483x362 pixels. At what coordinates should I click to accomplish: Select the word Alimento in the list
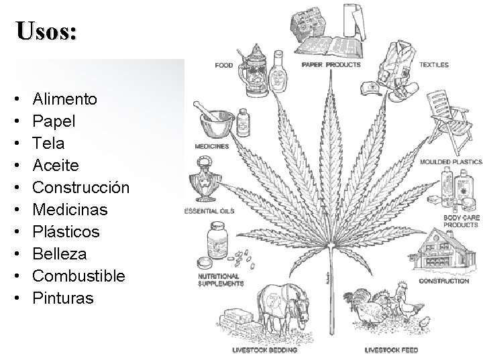(x=64, y=99)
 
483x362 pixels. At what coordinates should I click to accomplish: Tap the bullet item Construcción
(x=80, y=188)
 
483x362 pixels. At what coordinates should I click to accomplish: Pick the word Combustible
(x=78, y=276)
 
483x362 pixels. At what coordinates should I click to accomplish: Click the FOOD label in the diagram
(x=224, y=66)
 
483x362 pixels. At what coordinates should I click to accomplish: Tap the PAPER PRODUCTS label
(x=331, y=66)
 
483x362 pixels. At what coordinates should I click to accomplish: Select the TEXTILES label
(x=434, y=66)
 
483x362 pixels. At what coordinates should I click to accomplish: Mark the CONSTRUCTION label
(x=444, y=282)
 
